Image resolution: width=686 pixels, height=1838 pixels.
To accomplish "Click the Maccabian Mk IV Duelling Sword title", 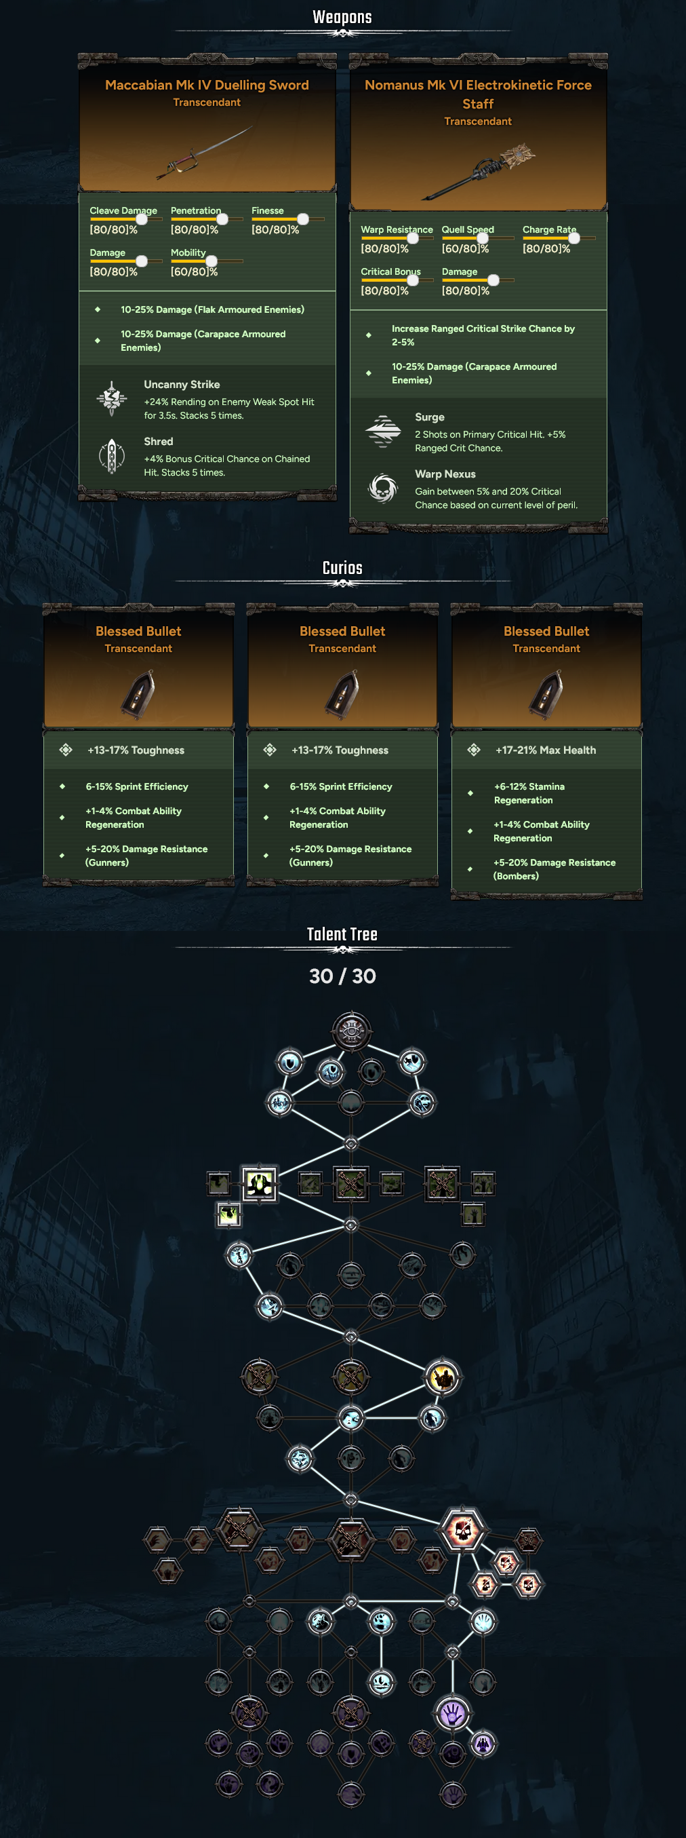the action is (x=207, y=85).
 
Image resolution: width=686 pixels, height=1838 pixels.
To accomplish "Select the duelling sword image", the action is (x=205, y=151).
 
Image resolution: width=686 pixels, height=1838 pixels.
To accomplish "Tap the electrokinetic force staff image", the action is (x=479, y=171).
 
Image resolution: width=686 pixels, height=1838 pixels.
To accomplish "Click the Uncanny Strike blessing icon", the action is (x=112, y=398).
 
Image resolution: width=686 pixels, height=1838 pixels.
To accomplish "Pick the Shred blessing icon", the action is (x=112, y=456).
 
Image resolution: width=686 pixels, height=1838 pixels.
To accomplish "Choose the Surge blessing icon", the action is (x=383, y=431).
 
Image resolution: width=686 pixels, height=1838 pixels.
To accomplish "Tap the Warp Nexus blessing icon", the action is (x=383, y=488).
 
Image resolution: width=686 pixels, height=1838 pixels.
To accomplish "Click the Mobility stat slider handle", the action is (x=211, y=261).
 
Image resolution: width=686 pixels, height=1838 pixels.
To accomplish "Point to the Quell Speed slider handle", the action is (x=482, y=238).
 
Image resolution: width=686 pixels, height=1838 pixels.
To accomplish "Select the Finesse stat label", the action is (x=267, y=210).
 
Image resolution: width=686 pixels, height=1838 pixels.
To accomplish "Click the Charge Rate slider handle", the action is (x=574, y=238).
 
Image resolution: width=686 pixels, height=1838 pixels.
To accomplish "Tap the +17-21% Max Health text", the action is (x=546, y=750).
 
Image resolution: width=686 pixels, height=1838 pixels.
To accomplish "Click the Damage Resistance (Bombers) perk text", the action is (x=554, y=869).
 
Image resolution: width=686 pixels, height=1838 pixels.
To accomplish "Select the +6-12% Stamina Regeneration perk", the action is (x=529, y=793).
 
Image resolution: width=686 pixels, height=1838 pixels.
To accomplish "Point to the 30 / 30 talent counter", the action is (x=342, y=976).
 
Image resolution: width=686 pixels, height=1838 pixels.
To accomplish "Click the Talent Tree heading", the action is (x=342, y=934).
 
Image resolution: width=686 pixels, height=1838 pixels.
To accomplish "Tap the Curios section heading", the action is (x=342, y=568).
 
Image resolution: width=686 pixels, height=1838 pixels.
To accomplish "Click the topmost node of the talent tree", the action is (x=352, y=1031).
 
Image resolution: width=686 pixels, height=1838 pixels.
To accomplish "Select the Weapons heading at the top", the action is (x=342, y=17).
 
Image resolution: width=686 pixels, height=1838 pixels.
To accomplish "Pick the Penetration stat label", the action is (x=196, y=210).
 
